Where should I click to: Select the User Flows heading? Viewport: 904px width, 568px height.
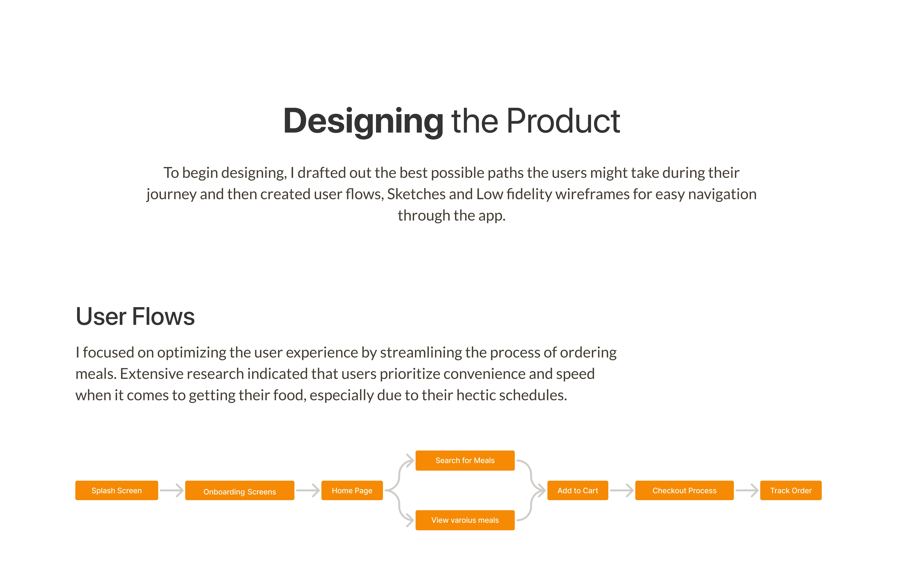point(135,316)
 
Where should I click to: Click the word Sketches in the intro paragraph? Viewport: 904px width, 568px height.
point(416,194)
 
